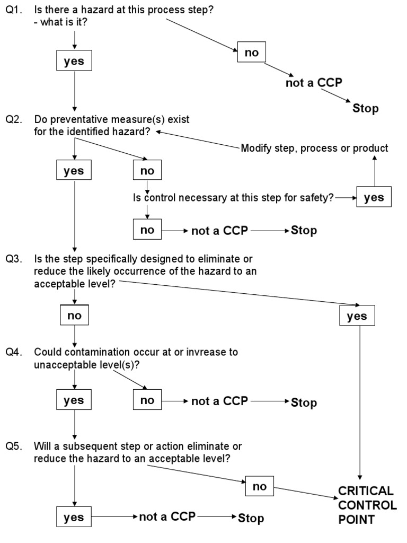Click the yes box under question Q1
click(x=74, y=62)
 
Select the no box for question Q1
click(x=252, y=52)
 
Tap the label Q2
click(x=14, y=120)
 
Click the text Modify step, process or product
click(x=314, y=148)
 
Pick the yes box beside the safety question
click(x=374, y=197)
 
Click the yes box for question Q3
click(x=357, y=317)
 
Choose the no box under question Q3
click(x=74, y=316)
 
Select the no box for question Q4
click(x=147, y=400)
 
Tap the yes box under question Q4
click(x=74, y=400)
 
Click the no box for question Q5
click(x=260, y=486)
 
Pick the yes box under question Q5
click(x=74, y=518)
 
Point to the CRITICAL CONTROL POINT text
click(x=367, y=505)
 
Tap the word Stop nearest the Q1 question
click(x=366, y=109)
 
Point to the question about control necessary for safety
click(x=233, y=197)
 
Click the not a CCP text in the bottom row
click(x=167, y=517)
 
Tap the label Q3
click(x=14, y=259)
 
